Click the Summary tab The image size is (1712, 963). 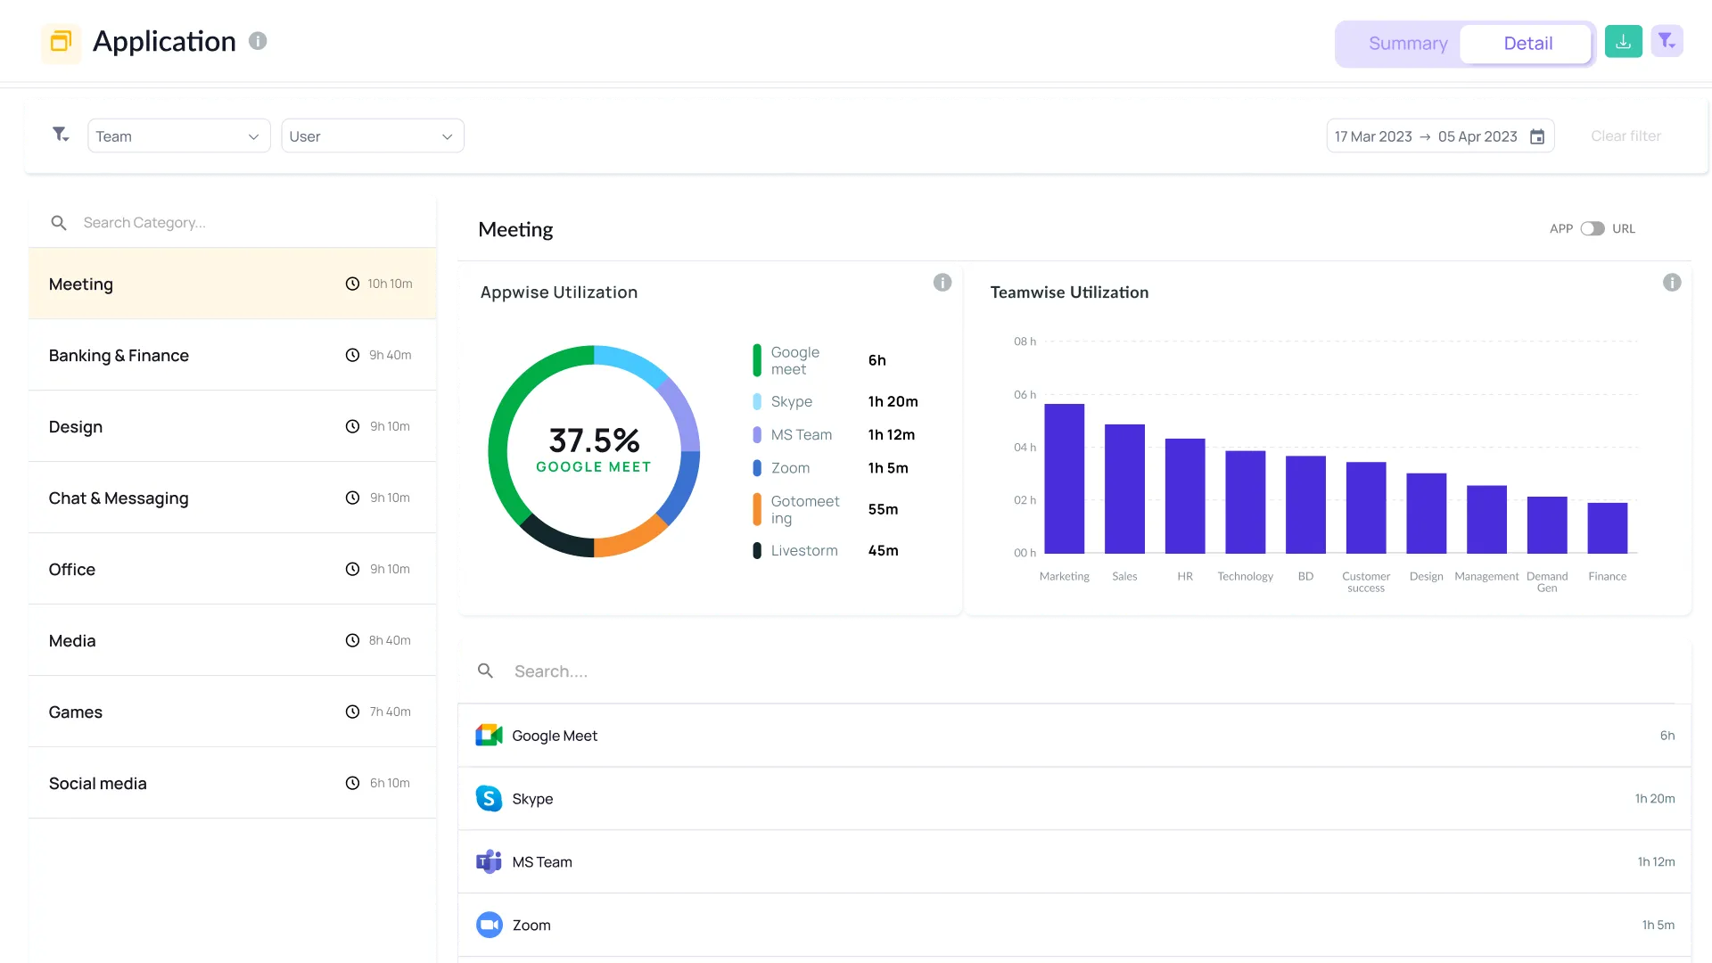click(x=1407, y=44)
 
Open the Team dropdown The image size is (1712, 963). click(x=178, y=136)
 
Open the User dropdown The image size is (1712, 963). click(x=372, y=136)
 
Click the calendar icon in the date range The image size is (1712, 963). click(x=1537, y=136)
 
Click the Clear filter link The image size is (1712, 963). click(x=1626, y=136)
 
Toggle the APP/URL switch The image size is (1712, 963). click(x=1593, y=229)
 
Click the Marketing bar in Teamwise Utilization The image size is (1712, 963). click(x=1064, y=479)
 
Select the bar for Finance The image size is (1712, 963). click(x=1607, y=528)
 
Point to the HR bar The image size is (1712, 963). click(x=1184, y=496)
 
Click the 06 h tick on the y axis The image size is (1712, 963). click(x=1025, y=395)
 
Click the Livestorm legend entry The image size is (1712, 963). click(x=803, y=551)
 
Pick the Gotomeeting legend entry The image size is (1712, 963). click(x=803, y=510)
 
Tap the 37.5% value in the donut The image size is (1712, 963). click(x=594, y=440)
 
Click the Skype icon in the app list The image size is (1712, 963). click(x=489, y=799)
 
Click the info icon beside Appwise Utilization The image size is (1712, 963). click(x=942, y=283)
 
